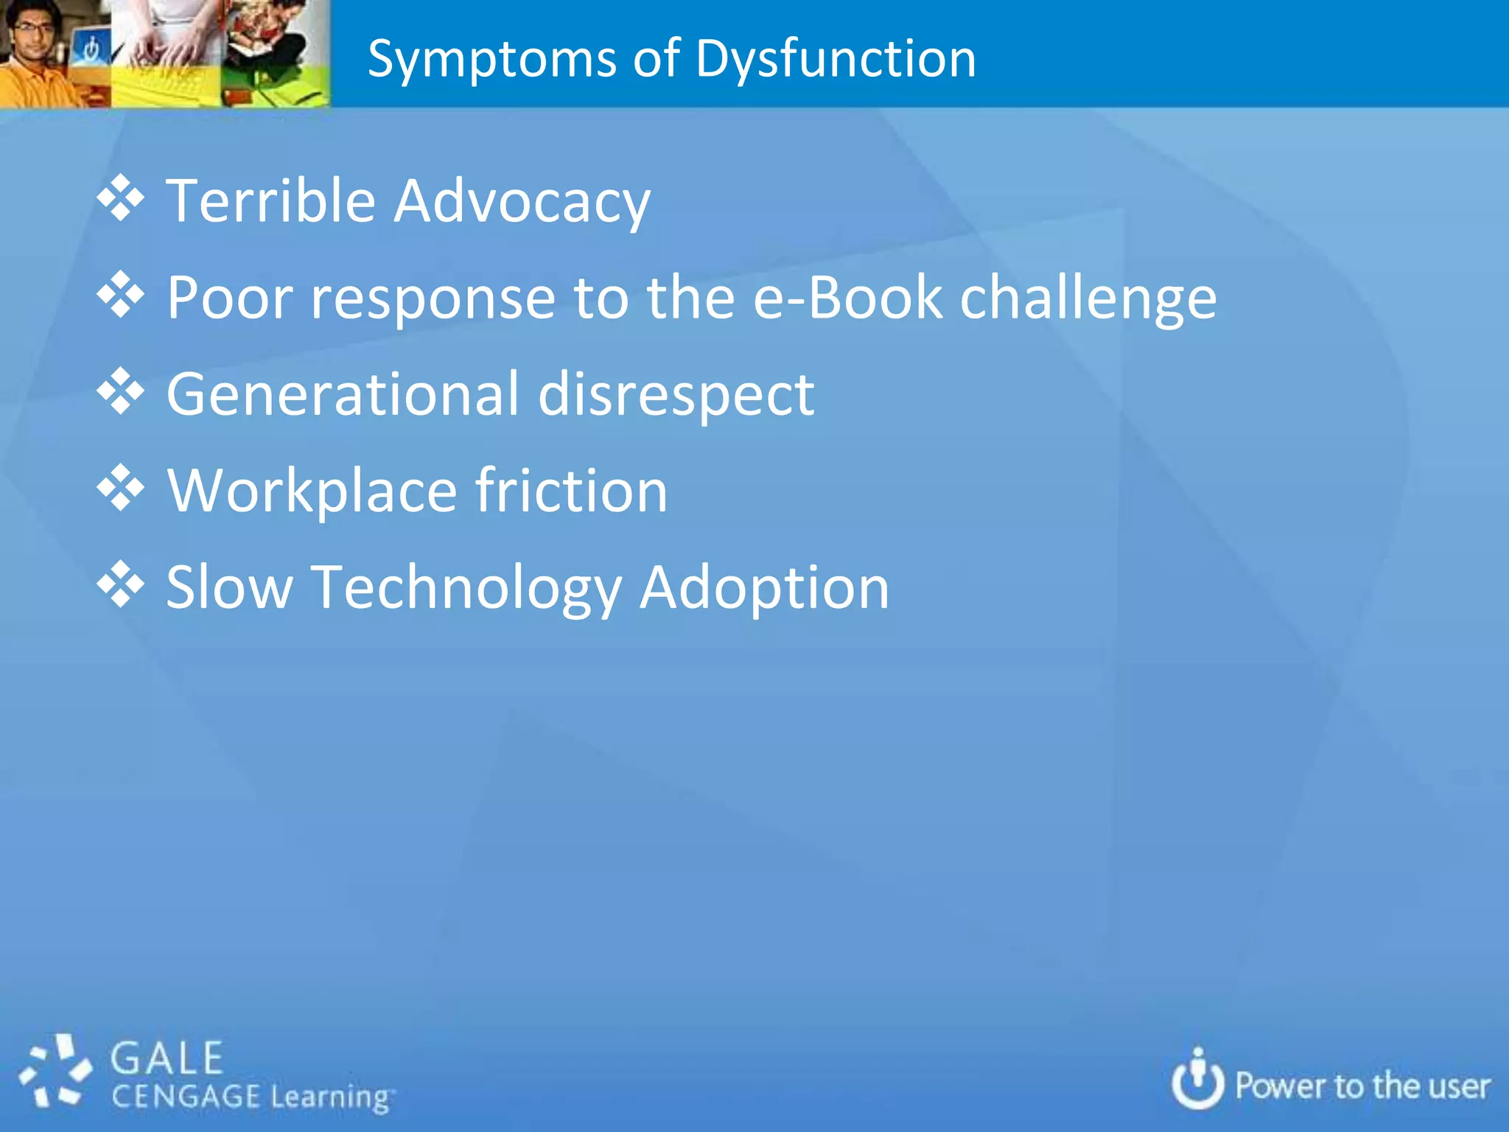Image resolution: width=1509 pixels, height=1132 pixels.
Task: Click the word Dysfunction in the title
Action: tap(836, 59)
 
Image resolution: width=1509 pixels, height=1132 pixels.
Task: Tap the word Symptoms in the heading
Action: tap(491, 59)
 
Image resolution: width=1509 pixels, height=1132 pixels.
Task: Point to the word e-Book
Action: tap(847, 297)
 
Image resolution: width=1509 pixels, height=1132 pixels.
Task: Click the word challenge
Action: tap(1088, 298)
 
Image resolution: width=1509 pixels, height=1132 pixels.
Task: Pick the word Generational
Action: tap(343, 394)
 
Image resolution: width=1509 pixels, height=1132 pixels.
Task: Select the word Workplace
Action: tap(312, 491)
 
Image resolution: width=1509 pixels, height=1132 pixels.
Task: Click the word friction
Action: tap(572, 490)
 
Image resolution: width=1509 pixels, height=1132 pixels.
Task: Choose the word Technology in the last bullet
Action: tap(467, 588)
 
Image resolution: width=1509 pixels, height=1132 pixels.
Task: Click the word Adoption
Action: tap(764, 588)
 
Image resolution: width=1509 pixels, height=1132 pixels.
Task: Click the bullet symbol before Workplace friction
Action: tap(120, 488)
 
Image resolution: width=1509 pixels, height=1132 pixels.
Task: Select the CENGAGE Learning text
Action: tap(251, 1097)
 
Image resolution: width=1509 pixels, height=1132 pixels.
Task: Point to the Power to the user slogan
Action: tap(1362, 1086)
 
